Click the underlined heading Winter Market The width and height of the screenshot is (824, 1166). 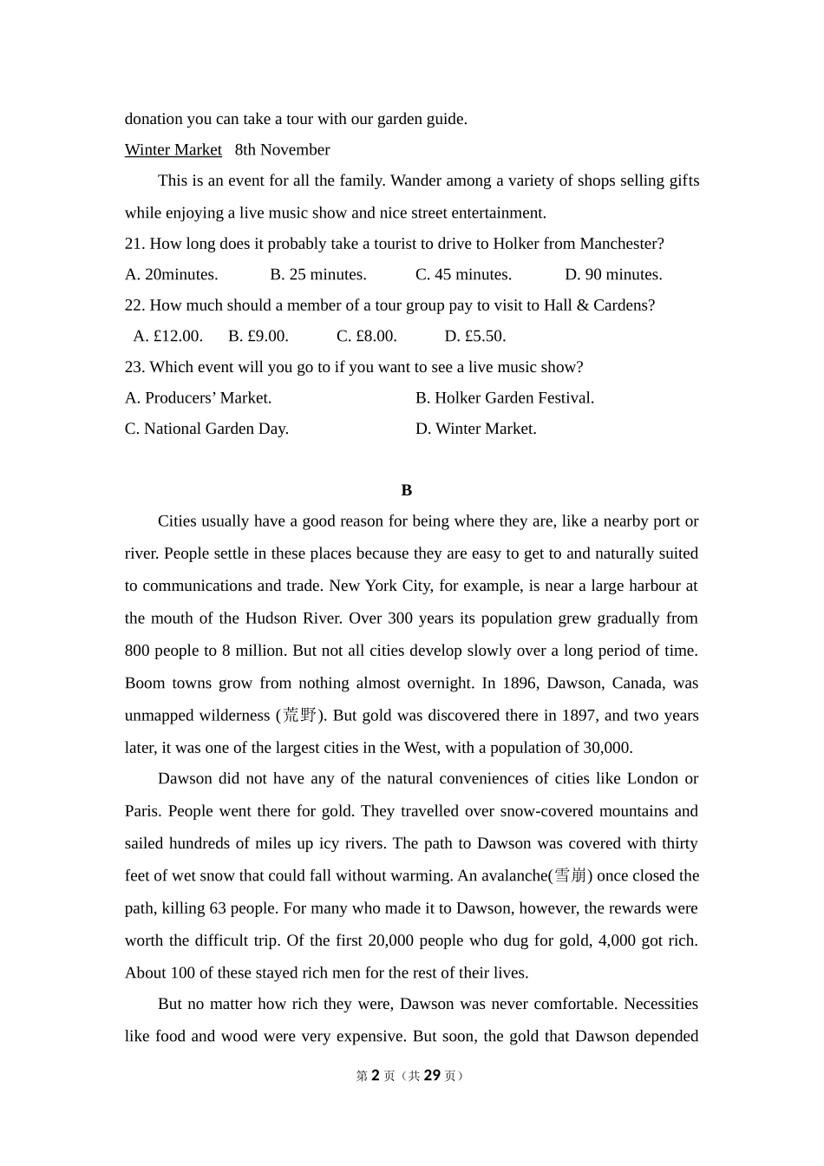pyautogui.click(x=173, y=150)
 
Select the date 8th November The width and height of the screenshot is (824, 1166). pyautogui.click(x=282, y=150)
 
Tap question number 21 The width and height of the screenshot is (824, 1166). pyautogui.click(x=134, y=244)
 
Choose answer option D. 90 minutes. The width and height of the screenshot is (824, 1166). pyautogui.click(x=613, y=275)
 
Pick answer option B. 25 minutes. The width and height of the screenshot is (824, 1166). pyautogui.click(x=317, y=275)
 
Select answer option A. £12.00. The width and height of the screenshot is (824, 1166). pyautogui.click(x=167, y=337)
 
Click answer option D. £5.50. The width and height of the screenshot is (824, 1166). pyautogui.click(x=474, y=337)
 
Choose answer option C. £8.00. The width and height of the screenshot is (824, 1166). pyautogui.click(x=366, y=337)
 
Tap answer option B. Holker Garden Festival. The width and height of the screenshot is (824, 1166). pyautogui.click(x=504, y=398)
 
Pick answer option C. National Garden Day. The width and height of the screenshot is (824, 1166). pyautogui.click(x=206, y=429)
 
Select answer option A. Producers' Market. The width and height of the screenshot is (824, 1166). pyautogui.click(x=198, y=398)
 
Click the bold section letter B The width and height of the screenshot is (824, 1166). pyautogui.click(x=407, y=490)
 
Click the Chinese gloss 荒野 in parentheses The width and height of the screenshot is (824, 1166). pyautogui.click(x=300, y=716)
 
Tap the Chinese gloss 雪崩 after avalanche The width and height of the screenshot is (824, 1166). pyautogui.click(x=571, y=876)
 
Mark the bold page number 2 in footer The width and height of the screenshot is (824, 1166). pyautogui.click(x=376, y=1076)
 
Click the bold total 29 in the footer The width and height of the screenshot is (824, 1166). pyautogui.click(x=432, y=1076)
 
